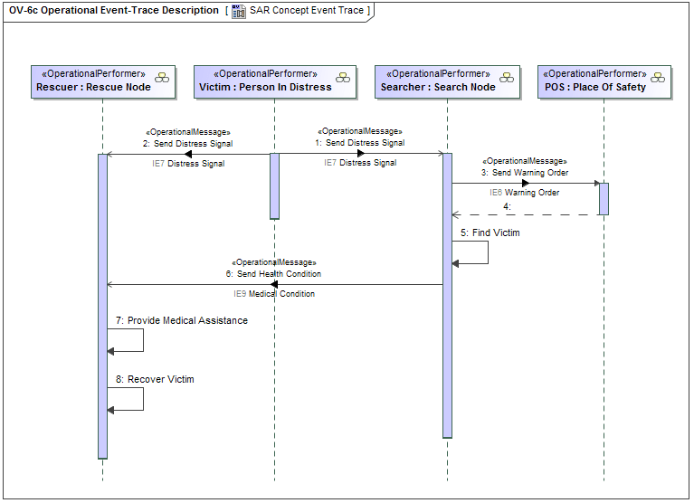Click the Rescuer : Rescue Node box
pyautogui.click(x=102, y=81)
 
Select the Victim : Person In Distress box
pyautogui.click(x=274, y=81)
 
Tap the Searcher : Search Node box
pyautogui.click(x=446, y=81)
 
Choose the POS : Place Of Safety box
pyautogui.click(x=604, y=81)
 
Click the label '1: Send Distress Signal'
pyautogui.click(x=359, y=143)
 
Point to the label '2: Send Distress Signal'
pyautogui.click(x=187, y=143)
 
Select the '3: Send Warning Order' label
pyautogui.click(x=525, y=172)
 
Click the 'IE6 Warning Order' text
pyautogui.click(x=525, y=193)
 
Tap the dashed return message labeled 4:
pyautogui.click(x=525, y=215)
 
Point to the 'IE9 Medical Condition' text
pyautogui.click(x=274, y=294)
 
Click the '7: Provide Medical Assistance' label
pyautogui.click(x=182, y=320)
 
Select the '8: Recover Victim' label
pyautogui.click(x=155, y=379)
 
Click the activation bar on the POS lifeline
pyautogui.click(x=604, y=199)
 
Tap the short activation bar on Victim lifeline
pyautogui.click(x=274, y=185)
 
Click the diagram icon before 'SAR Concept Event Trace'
pyautogui.click(x=239, y=11)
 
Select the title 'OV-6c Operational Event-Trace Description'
pyautogui.click(x=113, y=11)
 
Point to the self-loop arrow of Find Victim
pyautogui.click(x=488, y=252)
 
